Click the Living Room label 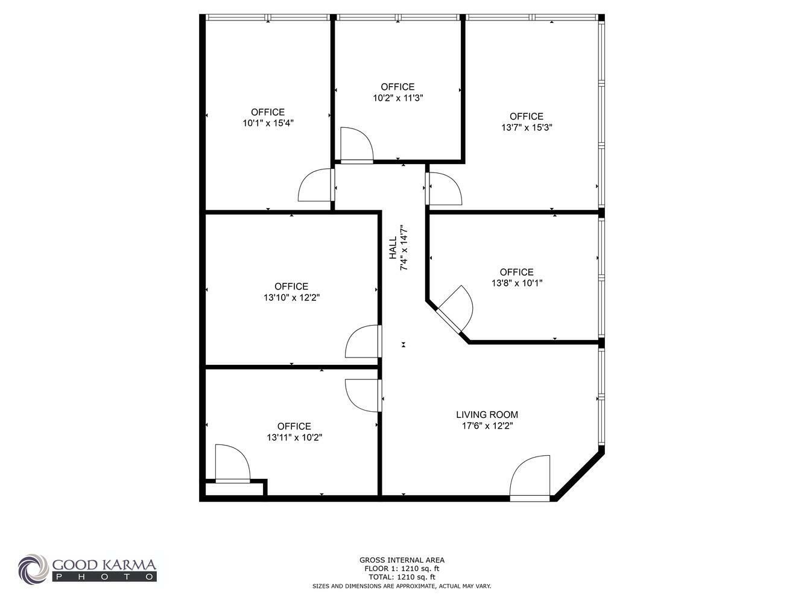[x=487, y=414]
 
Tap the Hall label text [x=393, y=248]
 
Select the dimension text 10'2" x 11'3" [x=398, y=98]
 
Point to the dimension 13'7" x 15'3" [x=527, y=127]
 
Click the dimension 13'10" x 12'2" [x=291, y=298]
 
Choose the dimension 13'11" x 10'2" [x=294, y=438]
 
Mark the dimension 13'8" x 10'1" [x=517, y=283]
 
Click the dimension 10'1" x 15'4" [x=268, y=123]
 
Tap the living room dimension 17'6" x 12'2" [x=487, y=426]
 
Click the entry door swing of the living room [x=530, y=478]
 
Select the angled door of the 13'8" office [x=454, y=309]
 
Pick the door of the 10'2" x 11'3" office [x=356, y=145]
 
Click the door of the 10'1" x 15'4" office [x=316, y=185]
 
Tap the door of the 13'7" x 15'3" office [x=443, y=189]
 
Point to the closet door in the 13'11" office [x=233, y=464]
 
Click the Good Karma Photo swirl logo [x=33, y=569]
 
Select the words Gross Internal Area [x=402, y=560]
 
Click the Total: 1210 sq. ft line [x=402, y=577]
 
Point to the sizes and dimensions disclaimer [x=402, y=586]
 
